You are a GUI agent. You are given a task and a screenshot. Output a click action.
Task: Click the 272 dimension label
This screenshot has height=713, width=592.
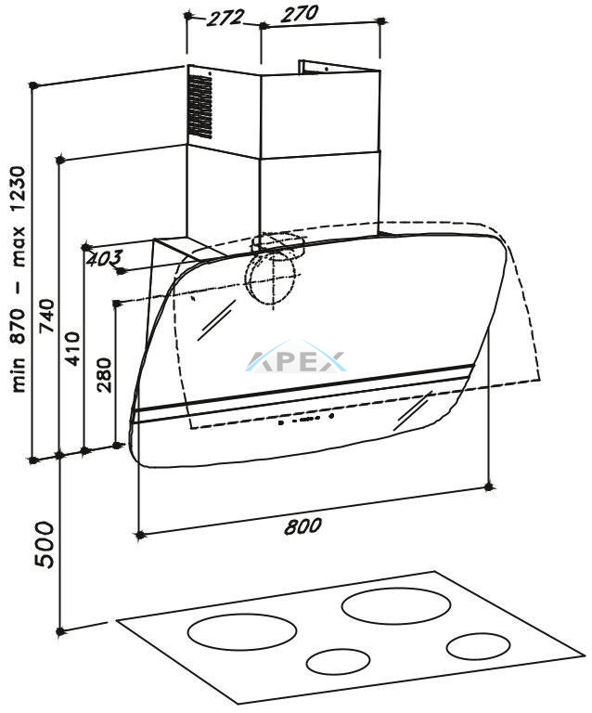[225, 18]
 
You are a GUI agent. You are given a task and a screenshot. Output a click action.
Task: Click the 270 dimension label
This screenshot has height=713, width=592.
[300, 13]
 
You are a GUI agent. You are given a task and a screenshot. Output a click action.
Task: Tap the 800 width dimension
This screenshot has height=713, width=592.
[302, 525]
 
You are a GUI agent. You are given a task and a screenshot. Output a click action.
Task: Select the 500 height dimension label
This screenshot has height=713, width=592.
[45, 544]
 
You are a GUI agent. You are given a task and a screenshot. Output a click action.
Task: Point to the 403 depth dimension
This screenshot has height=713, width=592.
[104, 259]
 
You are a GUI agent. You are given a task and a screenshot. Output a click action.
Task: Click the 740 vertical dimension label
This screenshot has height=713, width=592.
[46, 316]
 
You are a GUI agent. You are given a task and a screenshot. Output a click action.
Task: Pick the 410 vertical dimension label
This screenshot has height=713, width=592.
[72, 348]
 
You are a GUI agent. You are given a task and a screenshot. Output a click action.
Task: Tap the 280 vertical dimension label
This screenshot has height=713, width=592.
[104, 375]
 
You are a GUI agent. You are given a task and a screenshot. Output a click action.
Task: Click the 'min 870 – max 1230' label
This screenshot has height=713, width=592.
[19, 279]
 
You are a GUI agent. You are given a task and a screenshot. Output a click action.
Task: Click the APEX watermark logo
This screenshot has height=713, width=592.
[296, 361]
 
